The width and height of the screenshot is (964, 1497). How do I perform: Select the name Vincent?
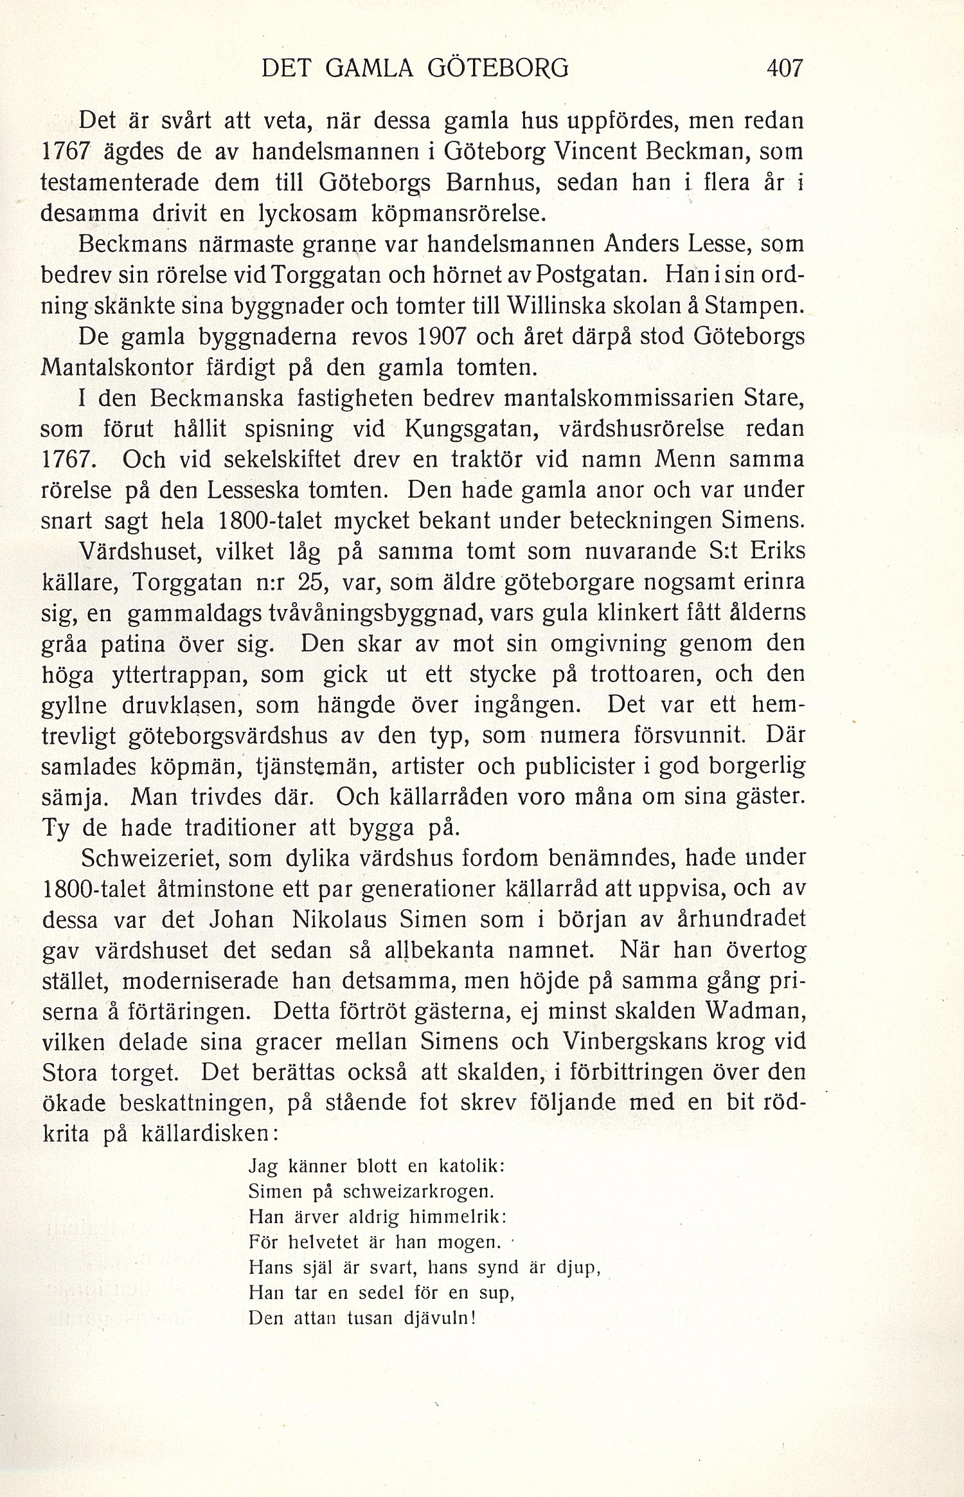point(594,152)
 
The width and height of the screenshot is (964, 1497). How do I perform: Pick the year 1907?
point(447,337)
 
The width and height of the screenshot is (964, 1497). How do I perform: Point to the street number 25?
point(313,583)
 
